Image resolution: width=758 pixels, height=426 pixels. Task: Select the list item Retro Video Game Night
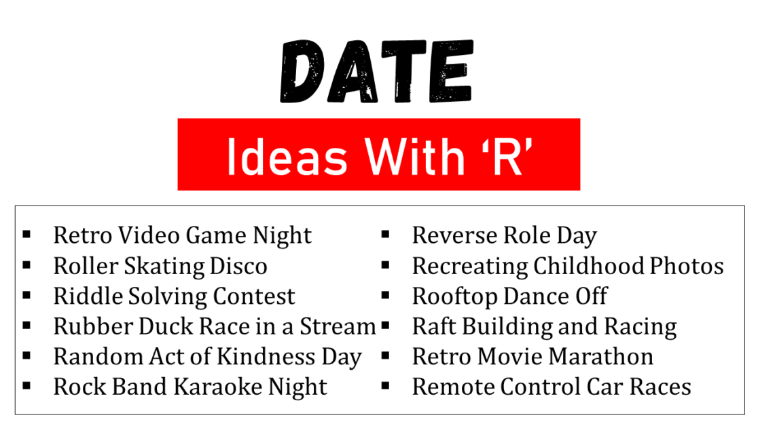coord(182,235)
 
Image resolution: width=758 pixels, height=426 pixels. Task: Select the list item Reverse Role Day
coord(504,235)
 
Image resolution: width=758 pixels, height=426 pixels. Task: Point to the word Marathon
coord(602,357)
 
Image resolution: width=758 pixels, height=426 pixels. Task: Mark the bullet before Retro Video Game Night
coord(26,235)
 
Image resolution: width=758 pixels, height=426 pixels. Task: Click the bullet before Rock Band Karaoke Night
coord(26,386)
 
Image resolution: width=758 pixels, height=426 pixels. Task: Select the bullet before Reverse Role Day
coord(385,235)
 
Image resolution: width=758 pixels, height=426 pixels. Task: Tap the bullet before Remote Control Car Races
coord(385,386)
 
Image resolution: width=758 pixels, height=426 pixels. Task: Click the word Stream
coord(339,326)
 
